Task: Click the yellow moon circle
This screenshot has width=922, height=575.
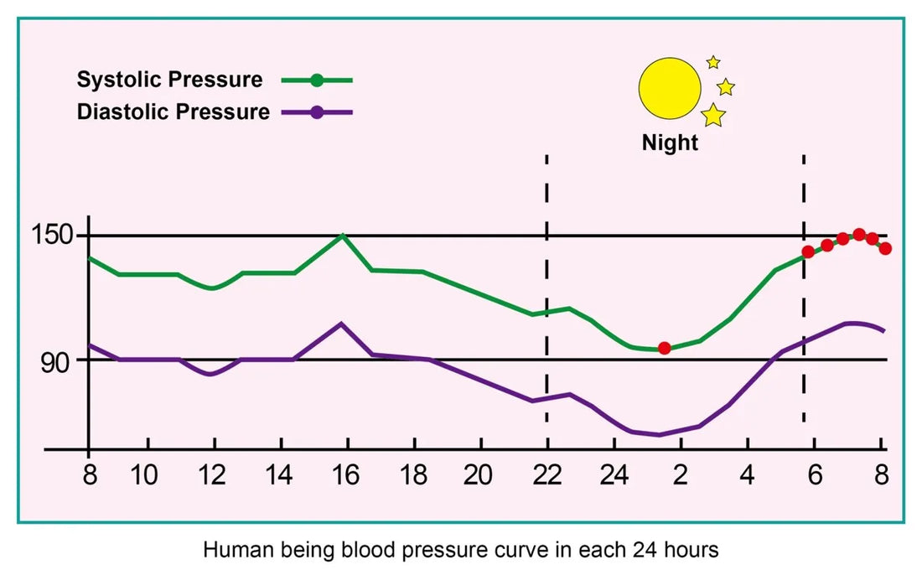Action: click(x=669, y=87)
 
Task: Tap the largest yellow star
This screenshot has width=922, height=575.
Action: click(x=713, y=115)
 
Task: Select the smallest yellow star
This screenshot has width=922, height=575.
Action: click(x=713, y=62)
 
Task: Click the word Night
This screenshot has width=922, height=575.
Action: click(x=670, y=142)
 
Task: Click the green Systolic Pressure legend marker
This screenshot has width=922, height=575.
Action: click(x=316, y=80)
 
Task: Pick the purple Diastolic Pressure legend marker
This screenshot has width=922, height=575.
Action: click(x=316, y=112)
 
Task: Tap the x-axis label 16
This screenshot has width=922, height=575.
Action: click(x=344, y=476)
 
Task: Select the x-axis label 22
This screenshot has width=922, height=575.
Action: click(x=546, y=476)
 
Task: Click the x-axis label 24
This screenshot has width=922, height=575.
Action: click(x=614, y=476)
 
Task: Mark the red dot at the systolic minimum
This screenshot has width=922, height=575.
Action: click(x=664, y=348)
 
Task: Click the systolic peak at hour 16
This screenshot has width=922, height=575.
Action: click(x=342, y=236)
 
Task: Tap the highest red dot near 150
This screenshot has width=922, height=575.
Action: click(x=859, y=235)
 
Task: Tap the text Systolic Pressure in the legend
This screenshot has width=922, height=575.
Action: click(x=169, y=80)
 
